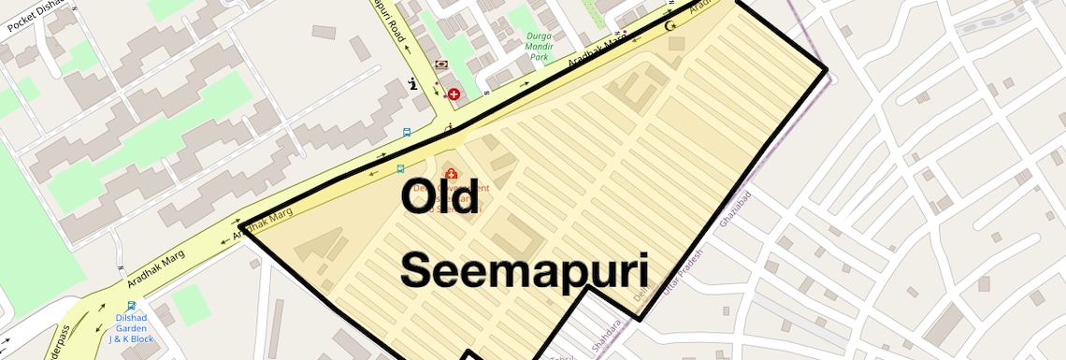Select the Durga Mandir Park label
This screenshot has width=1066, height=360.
coord(539,50)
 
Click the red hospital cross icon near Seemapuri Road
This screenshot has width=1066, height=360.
coord(454,94)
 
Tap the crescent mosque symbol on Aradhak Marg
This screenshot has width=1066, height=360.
coord(669,24)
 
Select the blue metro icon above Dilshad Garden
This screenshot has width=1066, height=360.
coord(131,305)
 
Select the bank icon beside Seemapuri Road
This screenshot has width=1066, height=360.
coord(441,65)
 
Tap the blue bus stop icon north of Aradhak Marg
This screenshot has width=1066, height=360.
coord(406,132)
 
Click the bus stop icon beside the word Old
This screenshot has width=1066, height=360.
coord(400,169)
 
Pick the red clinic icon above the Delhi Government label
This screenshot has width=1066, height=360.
coord(452,174)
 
